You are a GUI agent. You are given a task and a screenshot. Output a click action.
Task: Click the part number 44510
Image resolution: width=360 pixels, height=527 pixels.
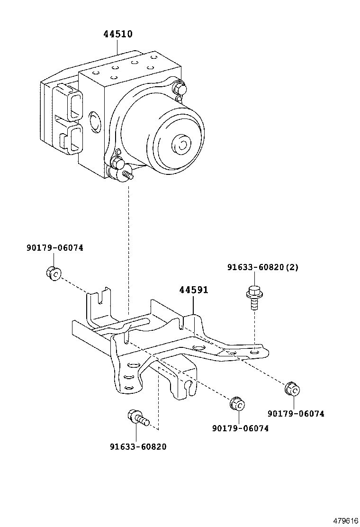point(118,34)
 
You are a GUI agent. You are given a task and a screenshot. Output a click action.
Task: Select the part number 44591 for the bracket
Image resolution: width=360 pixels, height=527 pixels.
point(193,290)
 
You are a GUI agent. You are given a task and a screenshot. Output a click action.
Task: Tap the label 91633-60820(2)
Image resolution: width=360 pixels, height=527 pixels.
point(262,267)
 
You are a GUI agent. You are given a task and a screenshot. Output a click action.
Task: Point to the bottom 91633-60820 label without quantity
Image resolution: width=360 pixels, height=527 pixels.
point(138,446)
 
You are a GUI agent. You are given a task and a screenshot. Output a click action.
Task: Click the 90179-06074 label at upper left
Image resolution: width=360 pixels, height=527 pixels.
point(54,247)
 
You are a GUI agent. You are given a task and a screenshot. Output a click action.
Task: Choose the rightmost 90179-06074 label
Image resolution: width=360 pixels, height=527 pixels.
point(296,413)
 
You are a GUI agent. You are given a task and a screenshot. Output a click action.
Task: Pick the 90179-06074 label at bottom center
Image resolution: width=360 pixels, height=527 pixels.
point(240,428)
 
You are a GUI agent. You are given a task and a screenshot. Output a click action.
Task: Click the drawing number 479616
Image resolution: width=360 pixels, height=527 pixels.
point(345,520)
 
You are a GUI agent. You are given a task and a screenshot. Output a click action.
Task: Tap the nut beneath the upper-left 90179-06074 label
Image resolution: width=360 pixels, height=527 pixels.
point(54,273)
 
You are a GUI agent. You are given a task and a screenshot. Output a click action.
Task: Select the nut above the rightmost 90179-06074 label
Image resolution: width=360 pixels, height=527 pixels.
point(292,389)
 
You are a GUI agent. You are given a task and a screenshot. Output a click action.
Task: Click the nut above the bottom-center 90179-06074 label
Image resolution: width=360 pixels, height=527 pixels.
point(236,404)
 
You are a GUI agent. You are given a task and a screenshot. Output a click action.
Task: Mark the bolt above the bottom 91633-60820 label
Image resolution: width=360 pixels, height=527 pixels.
point(138,418)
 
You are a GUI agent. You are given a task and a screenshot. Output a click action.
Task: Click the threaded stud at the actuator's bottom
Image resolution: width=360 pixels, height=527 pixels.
point(128,176)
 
